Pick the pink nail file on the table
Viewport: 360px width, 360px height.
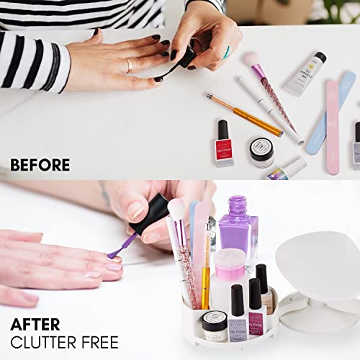coord(332,125)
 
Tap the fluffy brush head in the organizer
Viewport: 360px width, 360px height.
coord(176,210)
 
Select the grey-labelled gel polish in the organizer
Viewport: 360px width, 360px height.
coord(237,317)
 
